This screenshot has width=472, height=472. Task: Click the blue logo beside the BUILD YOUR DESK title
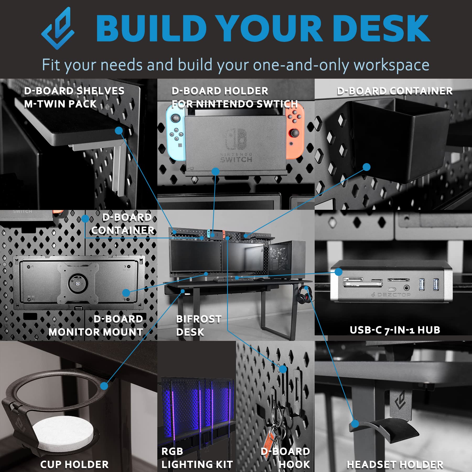[x=58, y=28]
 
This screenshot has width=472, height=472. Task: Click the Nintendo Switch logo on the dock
[x=236, y=139]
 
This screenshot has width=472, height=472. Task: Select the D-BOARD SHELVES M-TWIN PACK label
[x=74, y=97]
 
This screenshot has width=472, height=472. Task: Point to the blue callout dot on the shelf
[x=119, y=131]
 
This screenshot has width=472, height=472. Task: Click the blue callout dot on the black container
[x=366, y=167]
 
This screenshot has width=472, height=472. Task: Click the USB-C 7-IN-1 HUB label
[x=395, y=330]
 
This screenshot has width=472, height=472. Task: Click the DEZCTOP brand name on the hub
[x=394, y=295]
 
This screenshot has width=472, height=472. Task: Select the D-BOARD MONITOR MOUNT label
[x=96, y=325]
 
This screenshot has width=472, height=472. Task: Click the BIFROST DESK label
[x=199, y=325]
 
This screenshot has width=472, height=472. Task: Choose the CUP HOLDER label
[x=74, y=464]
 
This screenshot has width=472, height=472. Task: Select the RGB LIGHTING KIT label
[x=197, y=458]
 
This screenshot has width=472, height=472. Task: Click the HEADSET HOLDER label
[x=395, y=464]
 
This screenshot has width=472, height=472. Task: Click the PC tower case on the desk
[x=287, y=260]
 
